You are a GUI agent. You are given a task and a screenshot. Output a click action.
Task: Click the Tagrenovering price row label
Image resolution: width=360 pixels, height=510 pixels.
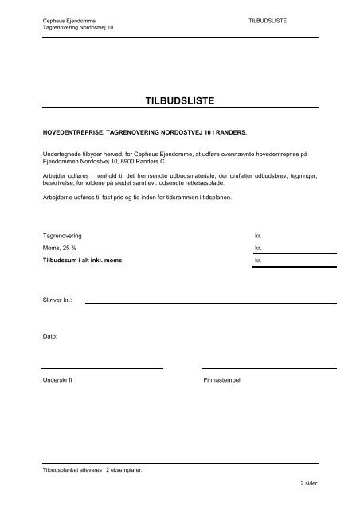62,237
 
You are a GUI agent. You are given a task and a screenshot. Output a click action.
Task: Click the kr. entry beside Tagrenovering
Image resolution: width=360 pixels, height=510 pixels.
257,237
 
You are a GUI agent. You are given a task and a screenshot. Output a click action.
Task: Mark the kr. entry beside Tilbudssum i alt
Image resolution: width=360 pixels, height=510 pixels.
257,261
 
